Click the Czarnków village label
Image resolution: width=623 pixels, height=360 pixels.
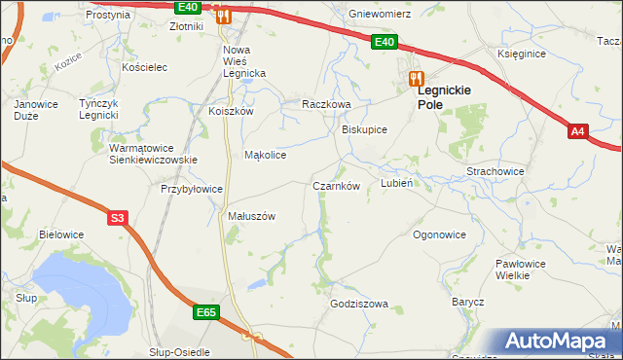[337, 185]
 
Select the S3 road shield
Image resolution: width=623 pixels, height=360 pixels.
[117, 218]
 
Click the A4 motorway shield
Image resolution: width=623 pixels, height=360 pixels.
[577, 130]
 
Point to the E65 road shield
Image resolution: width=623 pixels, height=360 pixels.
[205, 312]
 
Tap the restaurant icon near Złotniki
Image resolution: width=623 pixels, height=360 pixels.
[223, 15]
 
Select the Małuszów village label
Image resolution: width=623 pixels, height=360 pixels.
[252, 216]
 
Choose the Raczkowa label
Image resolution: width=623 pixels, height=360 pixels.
[325, 103]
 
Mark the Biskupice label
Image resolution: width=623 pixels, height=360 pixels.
[365, 129]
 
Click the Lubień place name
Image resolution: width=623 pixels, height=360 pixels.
[397, 183]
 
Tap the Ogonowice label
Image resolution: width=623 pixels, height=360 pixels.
[439, 234]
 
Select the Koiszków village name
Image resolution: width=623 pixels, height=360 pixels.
[231, 111]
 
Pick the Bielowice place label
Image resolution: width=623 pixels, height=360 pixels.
[61, 234]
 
